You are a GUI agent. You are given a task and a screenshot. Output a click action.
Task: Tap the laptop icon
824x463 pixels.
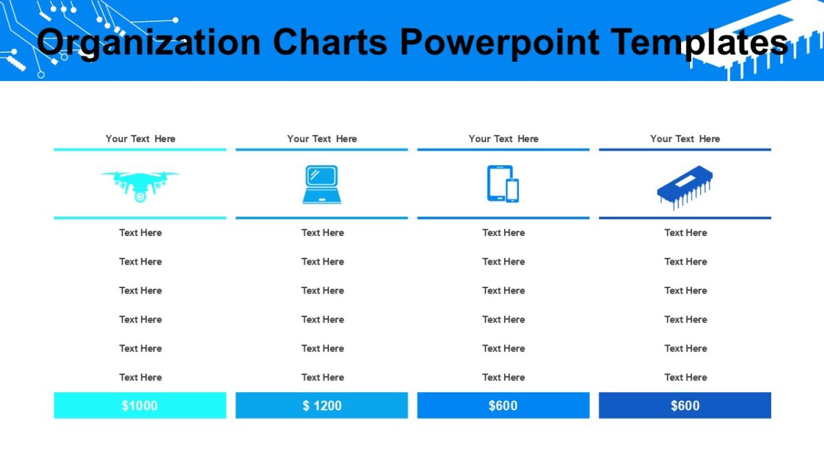click(x=321, y=184)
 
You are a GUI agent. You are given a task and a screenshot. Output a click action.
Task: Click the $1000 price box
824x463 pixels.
click(x=140, y=405)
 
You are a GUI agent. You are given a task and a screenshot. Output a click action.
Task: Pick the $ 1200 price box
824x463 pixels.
click(x=321, y=405)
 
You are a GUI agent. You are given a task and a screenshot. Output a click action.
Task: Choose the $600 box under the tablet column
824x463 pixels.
click(x=503, y=405)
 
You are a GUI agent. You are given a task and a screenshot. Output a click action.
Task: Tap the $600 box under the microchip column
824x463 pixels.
click(x=685, y=405)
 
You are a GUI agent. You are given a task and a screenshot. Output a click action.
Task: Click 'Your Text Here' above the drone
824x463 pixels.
click(x=140, y=139)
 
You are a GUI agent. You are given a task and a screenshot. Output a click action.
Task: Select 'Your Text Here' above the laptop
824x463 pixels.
click(x=321, y=139)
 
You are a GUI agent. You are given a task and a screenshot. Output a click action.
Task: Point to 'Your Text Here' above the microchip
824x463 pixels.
click(x=685, y=139)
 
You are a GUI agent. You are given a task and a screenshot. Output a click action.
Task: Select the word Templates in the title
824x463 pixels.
click(x=699, y=43)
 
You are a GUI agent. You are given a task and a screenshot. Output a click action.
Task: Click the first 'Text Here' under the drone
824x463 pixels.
click(x=140, y=233)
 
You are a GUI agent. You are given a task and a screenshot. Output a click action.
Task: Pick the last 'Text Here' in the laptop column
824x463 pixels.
click(x=321, y=377)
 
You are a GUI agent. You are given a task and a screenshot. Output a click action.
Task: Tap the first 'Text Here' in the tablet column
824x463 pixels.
click(x=503, y=233)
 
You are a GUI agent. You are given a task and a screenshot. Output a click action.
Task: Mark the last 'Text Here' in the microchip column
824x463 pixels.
click(x=685, y=377)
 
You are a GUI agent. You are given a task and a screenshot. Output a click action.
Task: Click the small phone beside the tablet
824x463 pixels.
click(x=512, y=190)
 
